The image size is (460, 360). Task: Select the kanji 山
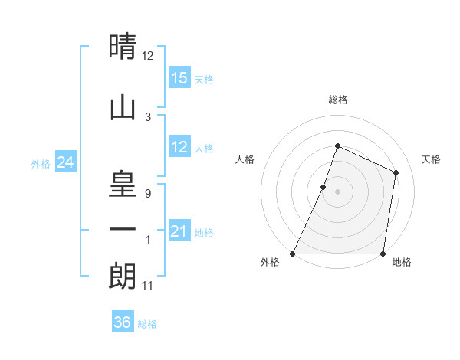[123, 110]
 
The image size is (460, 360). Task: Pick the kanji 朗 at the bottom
[123, 277]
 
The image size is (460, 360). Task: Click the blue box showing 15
[179, 78]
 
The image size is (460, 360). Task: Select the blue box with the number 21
[179, 231]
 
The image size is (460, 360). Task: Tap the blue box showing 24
[65, 162]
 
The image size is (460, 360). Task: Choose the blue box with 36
[122, 322]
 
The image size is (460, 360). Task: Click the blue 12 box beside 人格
[179, 147]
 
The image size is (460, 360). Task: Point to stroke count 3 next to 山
[148, 116]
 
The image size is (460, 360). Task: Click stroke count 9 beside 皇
[148, 194]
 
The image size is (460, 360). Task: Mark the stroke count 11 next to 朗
[149, 286]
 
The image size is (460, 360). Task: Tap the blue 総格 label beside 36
[147, 324]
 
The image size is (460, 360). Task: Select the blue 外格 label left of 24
[40, 163]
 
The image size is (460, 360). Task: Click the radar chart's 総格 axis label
[337, 100]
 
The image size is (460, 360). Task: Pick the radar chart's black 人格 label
[245, 159]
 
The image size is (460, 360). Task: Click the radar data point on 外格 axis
[293, 254]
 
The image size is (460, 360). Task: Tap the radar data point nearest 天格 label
[396, 172]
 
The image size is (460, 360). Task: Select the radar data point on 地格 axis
[383, 254]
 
